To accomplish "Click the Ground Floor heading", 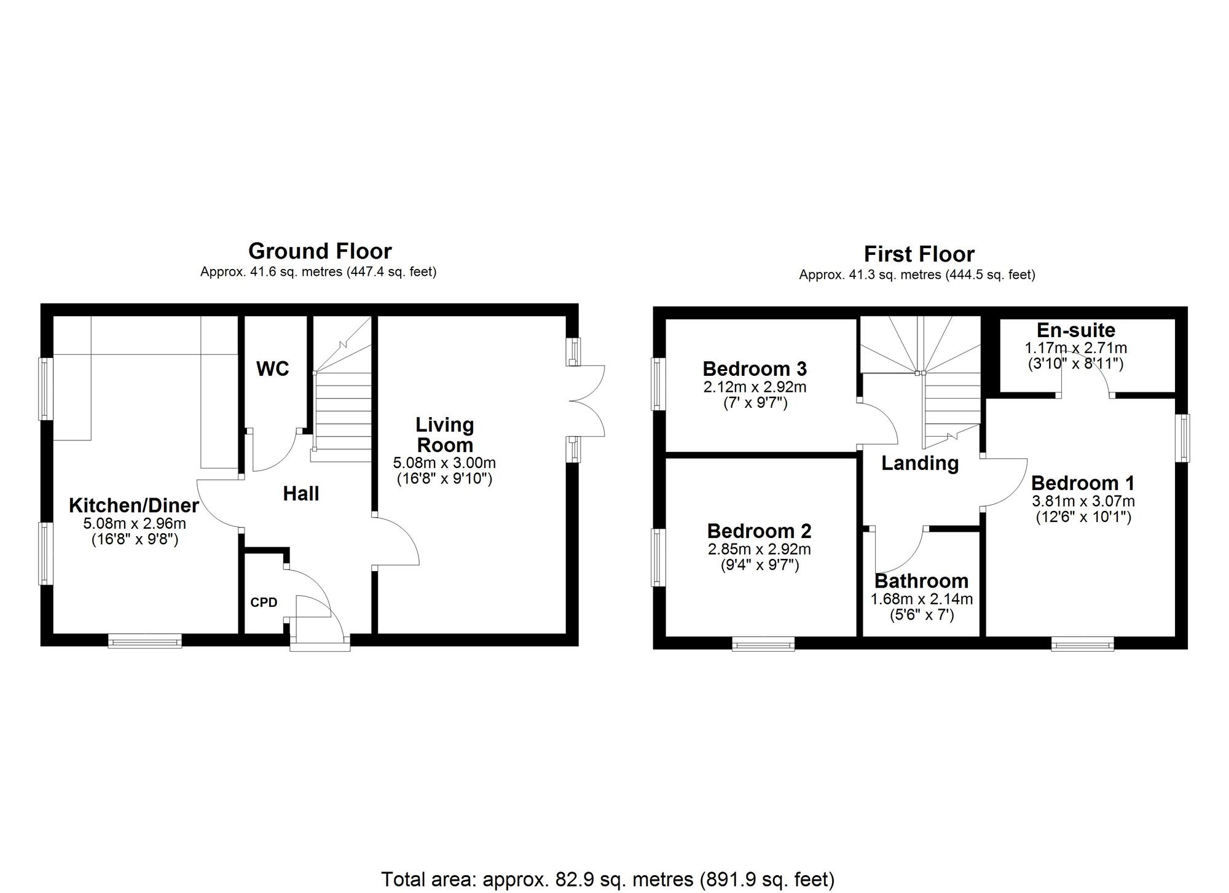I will [x=320, y=251].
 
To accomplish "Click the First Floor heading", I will [x=919, y=254].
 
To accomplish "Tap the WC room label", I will [x=272, y=369].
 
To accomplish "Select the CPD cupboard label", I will [x=264, y=602].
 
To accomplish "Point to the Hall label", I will [x=300, y=494].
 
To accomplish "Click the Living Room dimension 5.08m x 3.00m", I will [x=444, y=463].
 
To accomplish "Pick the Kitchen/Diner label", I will [x=133, y=505].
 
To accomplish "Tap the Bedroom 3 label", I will [x=754, y=369].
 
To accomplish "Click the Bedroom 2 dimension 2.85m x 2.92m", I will [x=759, y=549].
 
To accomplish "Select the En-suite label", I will [x=1075, y=330].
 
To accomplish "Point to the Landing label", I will [x=919, y=463].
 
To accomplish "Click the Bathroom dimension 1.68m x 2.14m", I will [x=921, y=599].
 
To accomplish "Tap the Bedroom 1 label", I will [x=1082, y=483].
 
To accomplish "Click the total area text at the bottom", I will [x=608, y=879].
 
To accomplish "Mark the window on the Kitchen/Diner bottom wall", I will [x=145, y=641].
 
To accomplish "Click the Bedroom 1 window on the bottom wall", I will [x=1082, y=644].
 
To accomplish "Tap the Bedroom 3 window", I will [x=658, y=384].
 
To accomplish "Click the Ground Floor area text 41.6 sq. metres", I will [x=318, y=272].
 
